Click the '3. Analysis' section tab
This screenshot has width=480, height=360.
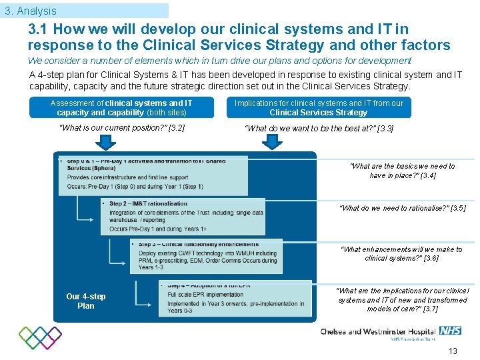coord(30,11)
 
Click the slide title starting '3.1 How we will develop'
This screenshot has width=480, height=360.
coord(239,37)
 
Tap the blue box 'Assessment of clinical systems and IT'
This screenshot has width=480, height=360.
coord(121,107)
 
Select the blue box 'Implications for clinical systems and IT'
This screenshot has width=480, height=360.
coord(319,107)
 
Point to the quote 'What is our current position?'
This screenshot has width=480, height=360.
coord(122,128)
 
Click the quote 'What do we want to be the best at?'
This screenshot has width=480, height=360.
coord(319,128)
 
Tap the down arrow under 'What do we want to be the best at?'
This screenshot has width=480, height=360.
coord(273,143)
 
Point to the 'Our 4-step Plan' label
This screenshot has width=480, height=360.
coord(85,301)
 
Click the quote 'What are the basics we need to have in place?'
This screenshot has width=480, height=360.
coord(402,171)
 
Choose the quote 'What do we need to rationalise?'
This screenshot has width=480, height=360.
coord(403,208)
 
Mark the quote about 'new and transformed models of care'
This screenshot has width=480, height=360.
coord(402,300)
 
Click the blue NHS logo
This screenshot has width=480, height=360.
coord(450,331)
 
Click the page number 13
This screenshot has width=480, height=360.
coord(453,351)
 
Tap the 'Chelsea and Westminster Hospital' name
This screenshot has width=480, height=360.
coord(378,331)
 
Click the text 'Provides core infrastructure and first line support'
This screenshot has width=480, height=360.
coord(127,177)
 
